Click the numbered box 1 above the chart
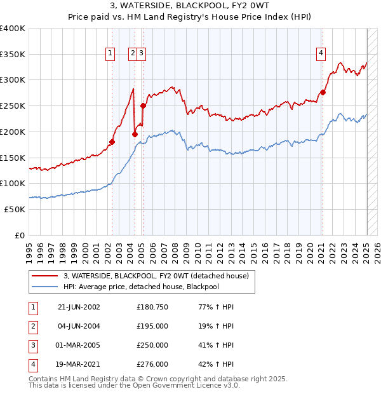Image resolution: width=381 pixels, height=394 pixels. [111, 54]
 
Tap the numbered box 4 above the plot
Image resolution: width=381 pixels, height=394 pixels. [322, 54]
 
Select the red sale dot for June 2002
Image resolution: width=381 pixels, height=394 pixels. [112, 142]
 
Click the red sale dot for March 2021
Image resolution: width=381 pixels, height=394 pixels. [323, 92]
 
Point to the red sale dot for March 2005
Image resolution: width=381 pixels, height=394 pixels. [143, 106]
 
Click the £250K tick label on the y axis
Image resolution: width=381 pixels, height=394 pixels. [13, 105]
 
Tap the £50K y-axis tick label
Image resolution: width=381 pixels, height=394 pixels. [15, 208]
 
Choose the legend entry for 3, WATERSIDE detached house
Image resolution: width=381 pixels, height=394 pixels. [159, 276]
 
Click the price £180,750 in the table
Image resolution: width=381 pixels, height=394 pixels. [152, 307]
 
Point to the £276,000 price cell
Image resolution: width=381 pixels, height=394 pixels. [152, 364]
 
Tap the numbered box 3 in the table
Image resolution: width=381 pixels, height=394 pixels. [31, 345]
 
